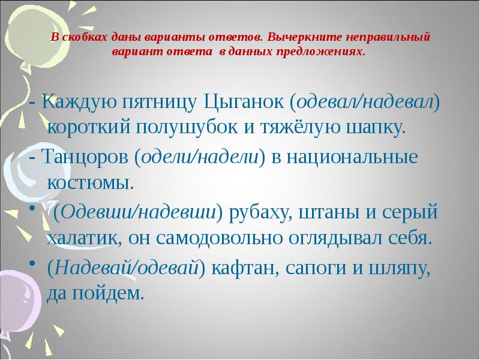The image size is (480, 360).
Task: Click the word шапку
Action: pos(362,128)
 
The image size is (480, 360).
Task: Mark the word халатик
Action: pos(83,238)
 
